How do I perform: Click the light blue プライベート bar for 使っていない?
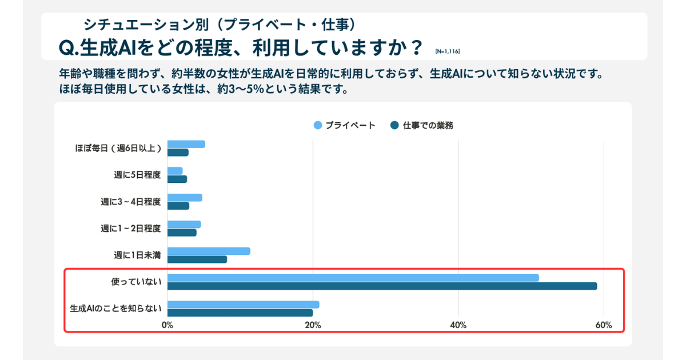coord(353,278)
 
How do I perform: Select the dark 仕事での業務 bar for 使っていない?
coord(382,286)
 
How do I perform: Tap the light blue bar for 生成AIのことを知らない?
coord(243,305)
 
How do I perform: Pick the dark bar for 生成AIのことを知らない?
coord(240,313)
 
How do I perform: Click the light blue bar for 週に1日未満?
coord(209,251)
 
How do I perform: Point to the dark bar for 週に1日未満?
coord(197,259)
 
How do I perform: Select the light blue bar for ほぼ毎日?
coord(186,144)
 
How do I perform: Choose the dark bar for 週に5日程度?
coord(177,179)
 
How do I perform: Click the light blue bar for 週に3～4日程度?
coord(185,198)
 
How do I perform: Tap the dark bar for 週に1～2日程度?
coord(182,233)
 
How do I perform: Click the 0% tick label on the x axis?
coord(167,325)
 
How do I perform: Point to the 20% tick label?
coord(313,325)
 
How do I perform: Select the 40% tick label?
coord(458,325)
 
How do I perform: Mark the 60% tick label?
coord(604,325)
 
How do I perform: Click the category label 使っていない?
coord(136,282)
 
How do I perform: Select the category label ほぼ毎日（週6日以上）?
coord(118,148)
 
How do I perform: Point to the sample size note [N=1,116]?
coord(447,51)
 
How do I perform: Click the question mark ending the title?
coord(417,46)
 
